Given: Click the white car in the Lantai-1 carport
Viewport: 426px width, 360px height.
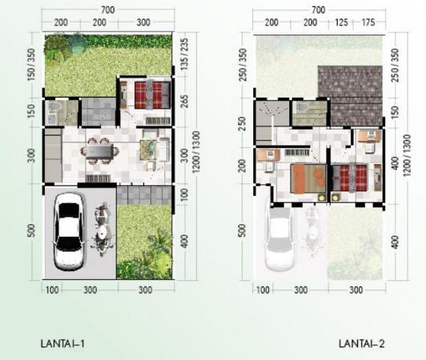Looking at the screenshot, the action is pyautogui.click(x=69, y=231).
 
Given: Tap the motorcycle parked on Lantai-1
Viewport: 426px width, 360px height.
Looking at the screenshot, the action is pyautogui.click(x=102, y=230).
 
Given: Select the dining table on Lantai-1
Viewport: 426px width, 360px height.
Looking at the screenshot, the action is pyautogui.click(x=99, y=151).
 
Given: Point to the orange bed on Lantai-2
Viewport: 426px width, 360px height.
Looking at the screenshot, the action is pyautogui.click(x=308, y=178).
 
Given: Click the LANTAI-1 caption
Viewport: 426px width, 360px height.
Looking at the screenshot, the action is pyautogui.click(x=62, y=344).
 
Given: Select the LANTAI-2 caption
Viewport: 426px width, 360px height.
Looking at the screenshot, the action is pyautogui.click(x=362, y=344).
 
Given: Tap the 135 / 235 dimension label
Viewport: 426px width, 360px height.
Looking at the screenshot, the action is pyautogui.click(x=184, y=54).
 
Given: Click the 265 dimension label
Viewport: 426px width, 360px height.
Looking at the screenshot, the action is pyautogui.click(x=184, y=102).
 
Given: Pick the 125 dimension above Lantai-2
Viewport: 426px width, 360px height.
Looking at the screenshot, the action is pyautogui.click(x=341, y=22).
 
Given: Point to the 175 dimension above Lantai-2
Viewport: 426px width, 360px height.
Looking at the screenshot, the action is pyautogui.click(x=368, y=22).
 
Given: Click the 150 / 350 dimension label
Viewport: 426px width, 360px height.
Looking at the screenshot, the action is pyautogui.click(x=31, y=65).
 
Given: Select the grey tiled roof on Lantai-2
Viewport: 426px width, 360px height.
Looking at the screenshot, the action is pyautogui.click(x=351, y=96).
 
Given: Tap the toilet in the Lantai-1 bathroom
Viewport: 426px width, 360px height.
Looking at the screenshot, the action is pyautogui.click(x=54, y=106).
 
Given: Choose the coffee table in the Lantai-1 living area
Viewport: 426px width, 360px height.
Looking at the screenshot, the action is pyautogui.click(x=148, y=150).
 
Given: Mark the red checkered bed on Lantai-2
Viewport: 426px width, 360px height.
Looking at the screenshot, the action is pyautogui.click(x=350, y=178).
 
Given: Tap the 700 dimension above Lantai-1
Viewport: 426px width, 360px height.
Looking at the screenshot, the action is pyautogui.click(x=107, y=10).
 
